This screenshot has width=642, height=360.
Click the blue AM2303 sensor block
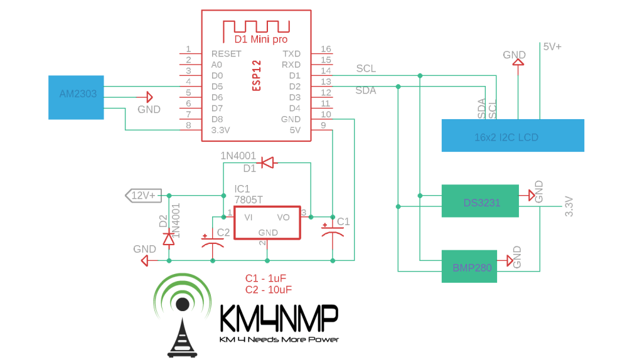click(76, 97)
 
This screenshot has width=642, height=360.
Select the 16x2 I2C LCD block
click(513, 135)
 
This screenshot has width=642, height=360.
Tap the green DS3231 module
click(480, 201)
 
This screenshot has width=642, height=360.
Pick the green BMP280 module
click(472, 266)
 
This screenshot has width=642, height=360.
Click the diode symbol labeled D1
click(268, 163)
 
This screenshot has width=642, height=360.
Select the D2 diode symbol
click(168, 238)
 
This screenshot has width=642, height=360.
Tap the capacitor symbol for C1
click(332, 233)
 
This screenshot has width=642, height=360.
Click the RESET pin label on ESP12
click(226, 54)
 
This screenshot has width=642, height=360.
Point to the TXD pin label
click(291, 54)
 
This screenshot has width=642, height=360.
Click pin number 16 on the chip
click(326, 50)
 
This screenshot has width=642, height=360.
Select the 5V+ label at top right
click(552, 47)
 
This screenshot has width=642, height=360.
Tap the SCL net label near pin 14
click(366, 69)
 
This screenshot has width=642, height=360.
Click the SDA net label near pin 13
click(366, 91)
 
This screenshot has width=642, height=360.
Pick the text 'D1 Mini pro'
click(257, 39)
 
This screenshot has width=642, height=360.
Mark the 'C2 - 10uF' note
click(269, 289)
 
